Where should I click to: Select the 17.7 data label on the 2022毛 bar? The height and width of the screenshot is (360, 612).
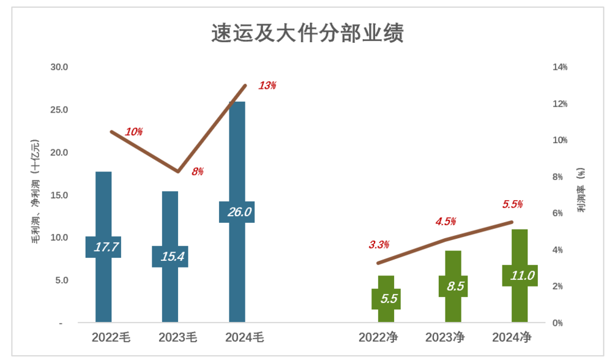pos(103,247)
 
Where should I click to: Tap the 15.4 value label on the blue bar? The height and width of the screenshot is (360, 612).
pos(170,257)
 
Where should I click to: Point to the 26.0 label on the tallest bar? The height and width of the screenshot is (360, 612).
pos(237,212)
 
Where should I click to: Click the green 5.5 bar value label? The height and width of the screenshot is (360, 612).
pos(390,299)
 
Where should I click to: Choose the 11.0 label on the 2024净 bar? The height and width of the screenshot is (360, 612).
pos(520,276)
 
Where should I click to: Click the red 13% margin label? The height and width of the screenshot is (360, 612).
pos(267,86)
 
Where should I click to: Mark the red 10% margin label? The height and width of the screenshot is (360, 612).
pos(133,132)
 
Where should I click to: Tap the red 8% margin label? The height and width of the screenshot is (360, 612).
pos(197,172)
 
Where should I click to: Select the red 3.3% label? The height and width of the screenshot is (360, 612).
pos(379,245)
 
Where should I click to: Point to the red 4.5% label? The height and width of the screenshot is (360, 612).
pos(446,222)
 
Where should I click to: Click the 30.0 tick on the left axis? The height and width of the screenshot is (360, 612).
pos(58,67)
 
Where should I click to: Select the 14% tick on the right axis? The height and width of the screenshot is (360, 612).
pos(560,67)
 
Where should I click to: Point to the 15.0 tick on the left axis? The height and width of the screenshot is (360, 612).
pos(58,195)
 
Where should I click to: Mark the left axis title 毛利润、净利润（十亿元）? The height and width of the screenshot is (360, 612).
pos(36,191)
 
